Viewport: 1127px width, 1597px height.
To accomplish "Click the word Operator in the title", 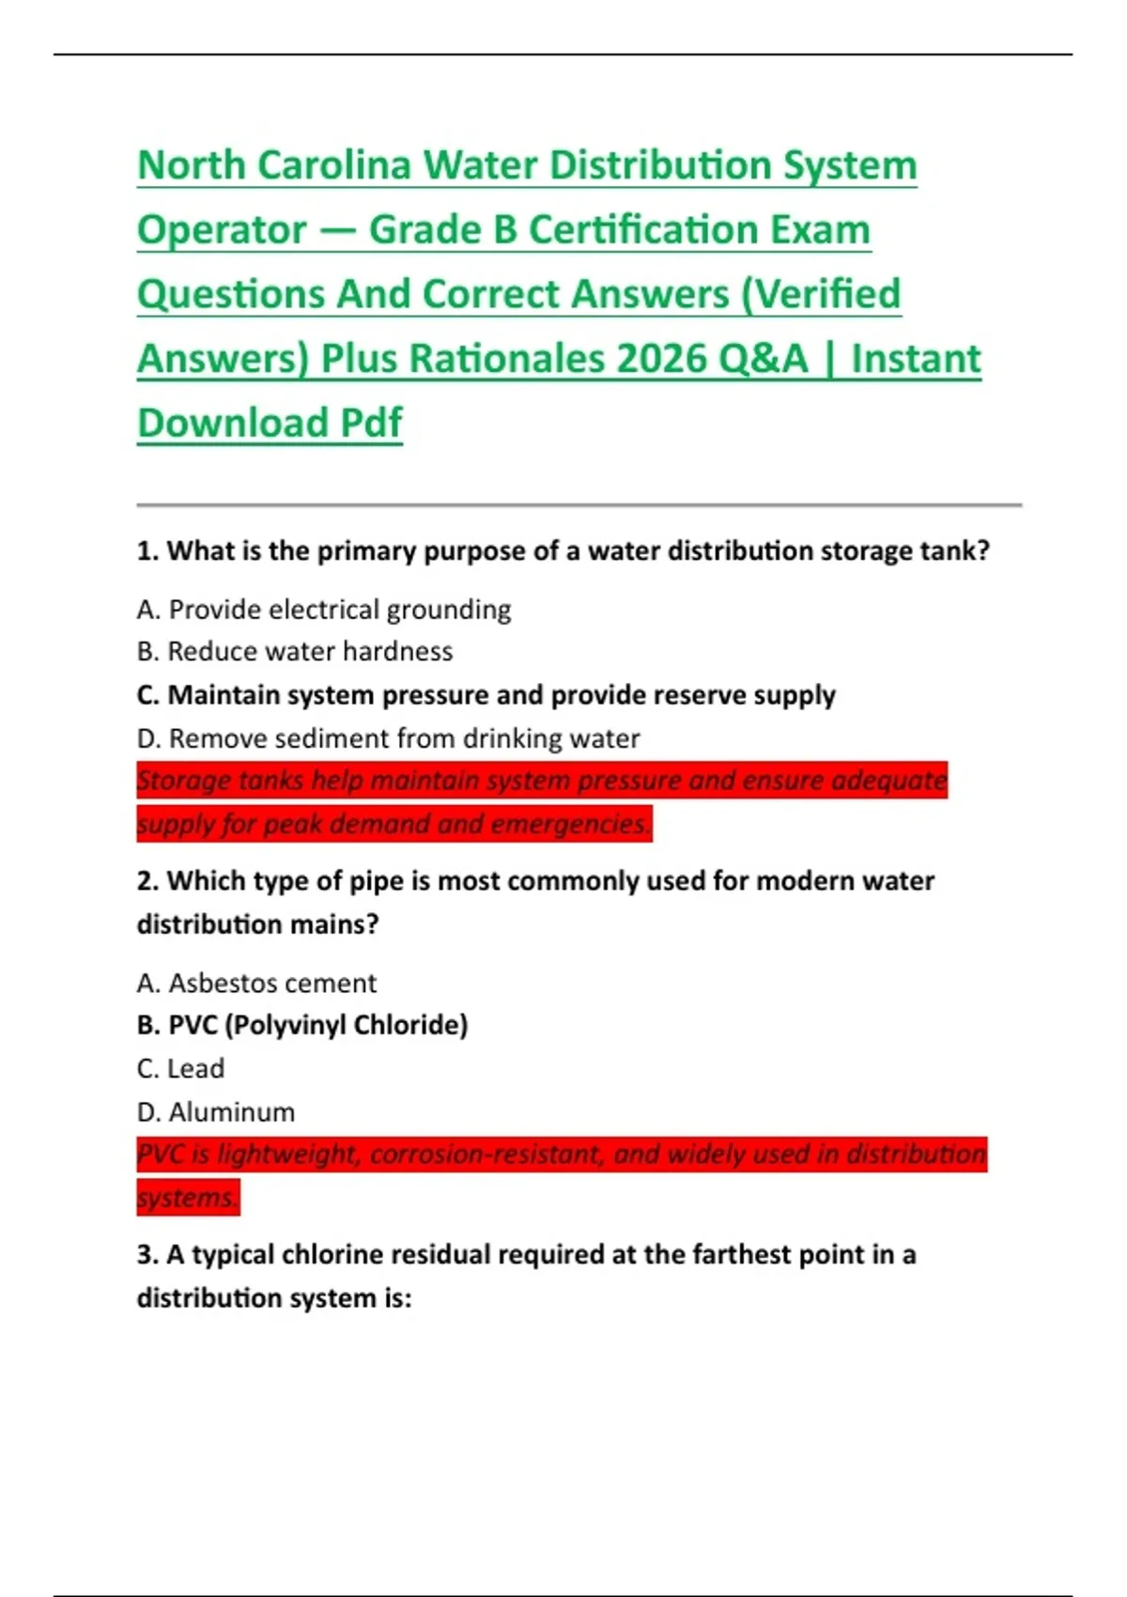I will tap(222, 230).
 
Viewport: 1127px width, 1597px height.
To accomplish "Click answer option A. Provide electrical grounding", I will tap(324, 610).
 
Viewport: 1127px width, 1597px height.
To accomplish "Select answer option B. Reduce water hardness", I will tap(295, 651).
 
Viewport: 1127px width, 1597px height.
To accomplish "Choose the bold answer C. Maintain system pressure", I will tap(486, 695).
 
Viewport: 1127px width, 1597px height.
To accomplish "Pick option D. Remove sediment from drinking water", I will tap(388, 738).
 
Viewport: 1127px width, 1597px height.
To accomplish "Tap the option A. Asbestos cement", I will tap(256, 983).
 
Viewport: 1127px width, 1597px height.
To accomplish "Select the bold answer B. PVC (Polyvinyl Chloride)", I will tap(302, 1025).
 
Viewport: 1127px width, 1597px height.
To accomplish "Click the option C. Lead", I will tap(180, 1068).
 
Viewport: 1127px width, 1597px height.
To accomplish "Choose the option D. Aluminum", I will tap(216, 1112).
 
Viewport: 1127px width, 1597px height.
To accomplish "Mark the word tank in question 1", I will tap(949, 550).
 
